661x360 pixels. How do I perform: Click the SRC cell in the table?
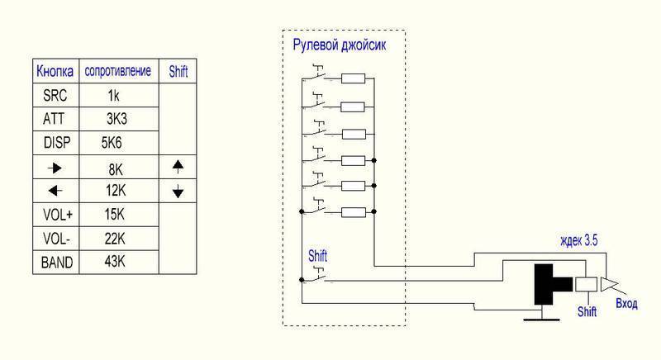coord(55,95)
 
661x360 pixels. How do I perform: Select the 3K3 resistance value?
coord(117,119)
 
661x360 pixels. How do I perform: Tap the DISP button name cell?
coord(55,143)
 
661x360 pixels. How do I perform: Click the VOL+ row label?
coord(55,215)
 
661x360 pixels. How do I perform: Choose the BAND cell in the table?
coord(55,263)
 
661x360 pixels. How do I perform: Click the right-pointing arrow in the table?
coord(55,168)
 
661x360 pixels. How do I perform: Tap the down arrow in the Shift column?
coord(178,192)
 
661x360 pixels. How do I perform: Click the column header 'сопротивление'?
coord(118,72)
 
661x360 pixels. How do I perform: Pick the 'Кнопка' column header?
coord(55,72)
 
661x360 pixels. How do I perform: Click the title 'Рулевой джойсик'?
coord(339,45)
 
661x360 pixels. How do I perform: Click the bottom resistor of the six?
coord(353,212)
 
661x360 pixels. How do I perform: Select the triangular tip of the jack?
coord(609,285)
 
